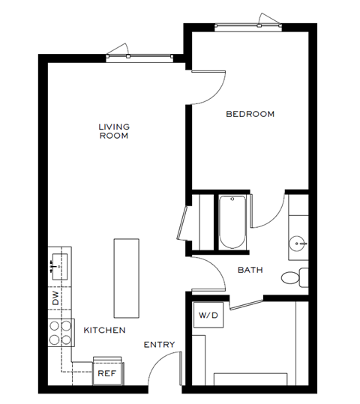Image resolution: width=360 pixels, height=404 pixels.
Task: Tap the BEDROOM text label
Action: pos(250,114)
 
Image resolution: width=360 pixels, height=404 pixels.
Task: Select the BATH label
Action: pos(250,270)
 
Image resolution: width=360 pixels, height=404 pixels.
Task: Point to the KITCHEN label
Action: pos(104,330)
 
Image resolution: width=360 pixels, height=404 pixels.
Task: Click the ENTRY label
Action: pos(159,345)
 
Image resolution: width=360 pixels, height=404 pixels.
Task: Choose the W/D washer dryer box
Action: pos(208,316)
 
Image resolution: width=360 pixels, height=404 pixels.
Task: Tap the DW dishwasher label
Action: pos(55,298)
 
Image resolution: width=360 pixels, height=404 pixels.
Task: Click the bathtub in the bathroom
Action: pos(231,222)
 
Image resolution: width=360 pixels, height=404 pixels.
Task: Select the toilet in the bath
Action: pos(294,277)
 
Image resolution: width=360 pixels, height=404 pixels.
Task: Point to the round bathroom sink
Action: pos(298,244)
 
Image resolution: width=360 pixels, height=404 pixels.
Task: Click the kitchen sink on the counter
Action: pos(58,264)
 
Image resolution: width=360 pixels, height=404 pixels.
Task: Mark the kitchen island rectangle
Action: pos(126,278)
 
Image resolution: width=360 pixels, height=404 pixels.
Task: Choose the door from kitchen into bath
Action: pos(210,274)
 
